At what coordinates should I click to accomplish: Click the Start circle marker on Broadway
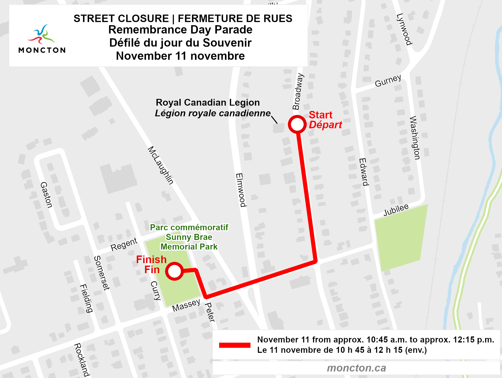pyautogui.click(x=297, y=124)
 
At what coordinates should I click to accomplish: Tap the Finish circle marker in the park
pyautogui.click(x=174, y=271)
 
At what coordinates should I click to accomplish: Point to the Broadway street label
pyautogui.click(x=298, y=91)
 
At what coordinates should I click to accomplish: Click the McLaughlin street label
pyautogui.click(x=161, y=165)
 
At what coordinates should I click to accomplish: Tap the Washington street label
pyautogui.click(x=415, y=138)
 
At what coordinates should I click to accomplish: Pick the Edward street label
pyautogui.click(x=364, y=172)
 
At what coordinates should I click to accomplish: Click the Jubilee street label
pyautogui.click(x=396, y=210)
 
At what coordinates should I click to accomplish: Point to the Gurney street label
pyautogui.click(x=388, y=81)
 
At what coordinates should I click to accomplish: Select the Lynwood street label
pyautogui.click(x=404, y=29)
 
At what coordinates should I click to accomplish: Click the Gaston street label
pyautogui.click(x=47, y=195)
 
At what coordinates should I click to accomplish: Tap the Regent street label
pyautogui.click(x=124, y=244)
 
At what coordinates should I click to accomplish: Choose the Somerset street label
pyautogui.click(x=102, y=273)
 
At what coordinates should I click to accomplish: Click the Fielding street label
pyautogui.click(x=86, y=298)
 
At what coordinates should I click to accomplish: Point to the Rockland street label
pyautogui.click(x=82, y=360)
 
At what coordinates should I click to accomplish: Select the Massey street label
pyautogui.click(x=186, y=305)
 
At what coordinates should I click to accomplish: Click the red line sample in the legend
pyautogui.click(x=235, y=345)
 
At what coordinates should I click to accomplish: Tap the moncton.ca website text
pyautogui.click(x=356, y=368)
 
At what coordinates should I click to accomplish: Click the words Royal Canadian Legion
pyautogui.click(x=208, y=103)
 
